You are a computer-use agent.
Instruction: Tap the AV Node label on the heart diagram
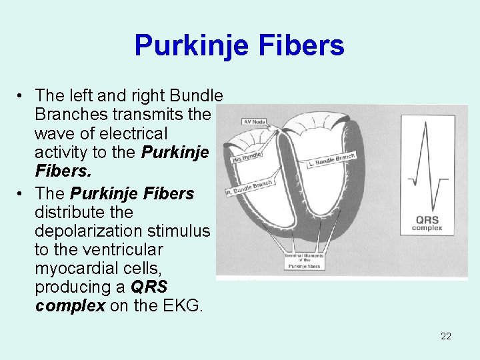coord(254,121)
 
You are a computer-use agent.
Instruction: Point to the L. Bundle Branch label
coord(332,160)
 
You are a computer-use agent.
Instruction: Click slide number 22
coord(446,336)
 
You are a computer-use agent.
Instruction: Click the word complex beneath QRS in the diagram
coord(427,229)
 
